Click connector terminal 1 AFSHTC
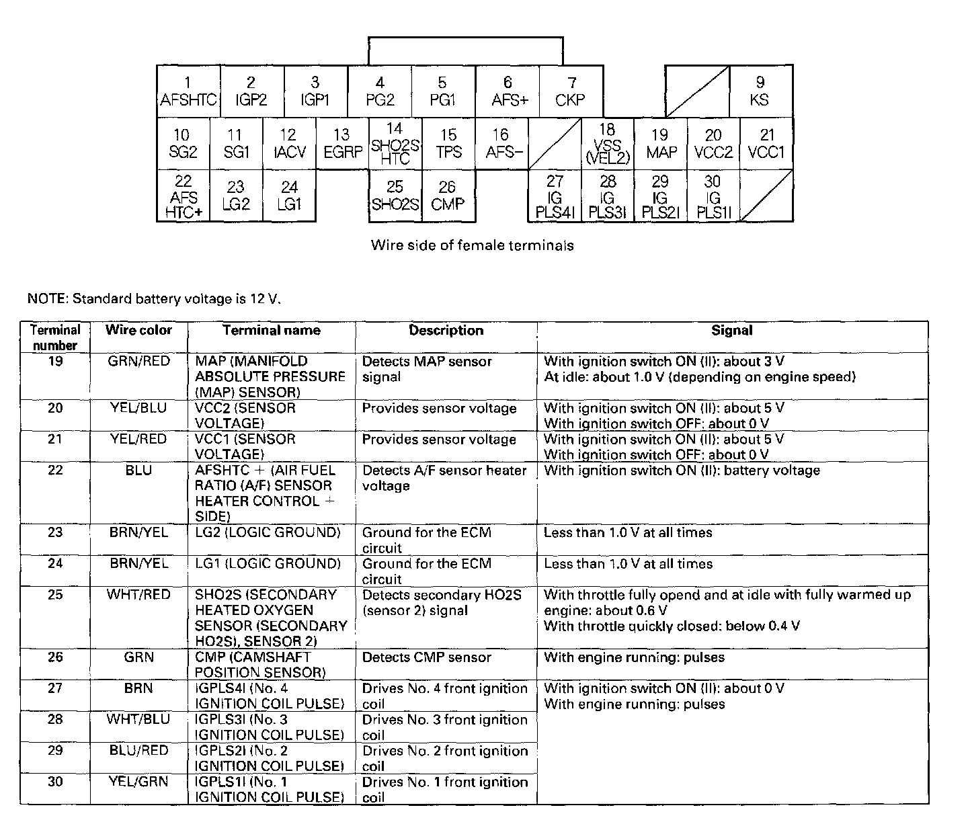pos(188,91)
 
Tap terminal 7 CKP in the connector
pos(571,91)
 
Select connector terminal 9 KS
pos(760,91)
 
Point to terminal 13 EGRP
pos(342,144)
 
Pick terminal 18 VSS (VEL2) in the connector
pos(607,144)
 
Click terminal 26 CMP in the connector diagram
pos(448,196)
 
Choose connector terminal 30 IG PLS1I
pos(713,196)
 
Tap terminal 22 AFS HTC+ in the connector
pos(183,196)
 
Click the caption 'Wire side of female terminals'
pos(472,245)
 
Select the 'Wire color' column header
pos(138,330)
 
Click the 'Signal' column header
pos(732,330)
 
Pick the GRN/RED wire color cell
pos(138,362)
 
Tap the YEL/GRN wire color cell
pos(138,782)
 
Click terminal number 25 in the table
pos(55,595)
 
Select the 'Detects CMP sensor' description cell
pos(427,657)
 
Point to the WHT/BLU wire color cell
pos(138,719)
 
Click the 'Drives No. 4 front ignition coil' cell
pos(445,696)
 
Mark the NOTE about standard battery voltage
pos(153,298)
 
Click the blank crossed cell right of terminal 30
pos(766,196)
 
